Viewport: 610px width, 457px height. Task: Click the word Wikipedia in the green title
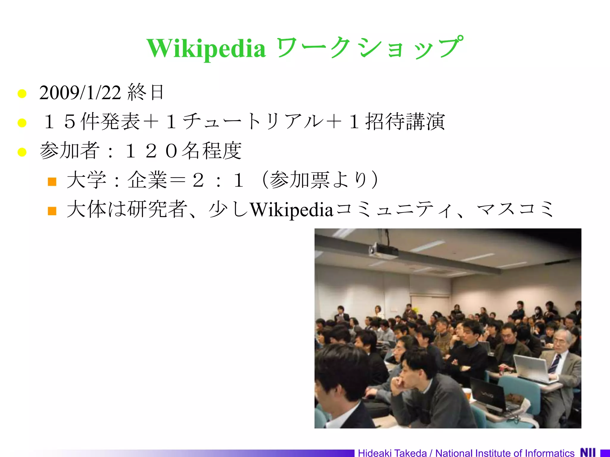(206, 48)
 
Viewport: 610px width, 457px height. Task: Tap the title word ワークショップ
(369, 48)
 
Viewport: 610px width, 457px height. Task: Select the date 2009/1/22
(80, 93)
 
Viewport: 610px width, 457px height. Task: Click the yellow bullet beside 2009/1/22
(22, 93)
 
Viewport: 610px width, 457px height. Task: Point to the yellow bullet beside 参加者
(22, 152)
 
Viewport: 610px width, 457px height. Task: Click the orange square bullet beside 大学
(52, 181)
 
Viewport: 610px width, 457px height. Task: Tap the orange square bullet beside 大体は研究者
(52, 211)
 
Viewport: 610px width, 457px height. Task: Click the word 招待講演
(405, 121)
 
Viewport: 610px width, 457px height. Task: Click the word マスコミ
(515, 209)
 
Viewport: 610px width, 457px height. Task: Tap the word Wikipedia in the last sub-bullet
(291, 209)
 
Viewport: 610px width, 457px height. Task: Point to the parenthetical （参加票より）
(320, 180)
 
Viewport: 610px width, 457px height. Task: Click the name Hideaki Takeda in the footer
(392, 453)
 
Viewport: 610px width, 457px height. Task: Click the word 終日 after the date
(146, 92)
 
